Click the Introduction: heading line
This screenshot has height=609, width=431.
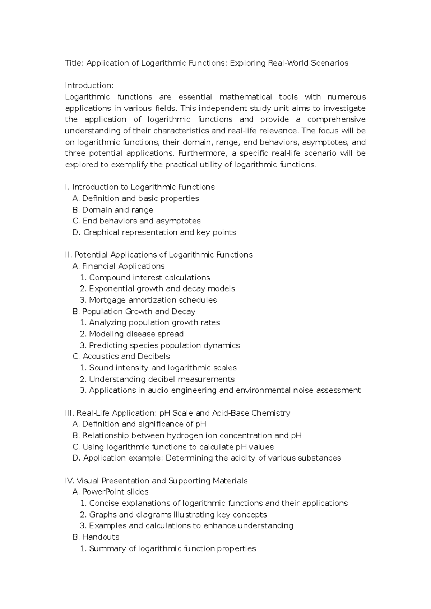tap(89, 85)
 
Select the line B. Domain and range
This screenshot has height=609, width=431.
tap(113, 210)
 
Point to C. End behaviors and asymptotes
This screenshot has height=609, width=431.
tap(136, 221)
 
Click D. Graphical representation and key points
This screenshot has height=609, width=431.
tap(154, 232)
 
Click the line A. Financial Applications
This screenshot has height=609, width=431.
tap(119, 266)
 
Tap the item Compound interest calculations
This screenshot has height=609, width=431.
tap(149, 278)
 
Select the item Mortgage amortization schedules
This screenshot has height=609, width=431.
tap(153, 300)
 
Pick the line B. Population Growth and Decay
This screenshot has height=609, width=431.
tap(134, 311)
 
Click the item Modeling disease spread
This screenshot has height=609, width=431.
tap(136, 334)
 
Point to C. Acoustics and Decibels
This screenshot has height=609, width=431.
tap(121, 356)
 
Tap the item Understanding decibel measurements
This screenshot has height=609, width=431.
tap(162, 379)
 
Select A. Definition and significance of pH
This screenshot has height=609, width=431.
tap(139, 424)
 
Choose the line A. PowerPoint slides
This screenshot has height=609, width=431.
tap(110, 492)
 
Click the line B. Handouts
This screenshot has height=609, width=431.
tap(96, 537)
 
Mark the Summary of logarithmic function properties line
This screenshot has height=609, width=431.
tap(172, 548)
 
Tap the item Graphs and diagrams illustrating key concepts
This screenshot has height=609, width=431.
tap(178, 515)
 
